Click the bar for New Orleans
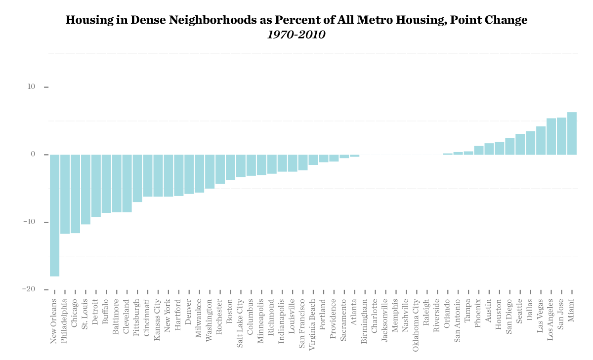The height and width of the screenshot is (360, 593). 54,215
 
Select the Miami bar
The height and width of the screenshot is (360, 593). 572,133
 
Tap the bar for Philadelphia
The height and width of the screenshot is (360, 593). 65,194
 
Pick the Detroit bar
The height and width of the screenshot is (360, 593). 96,186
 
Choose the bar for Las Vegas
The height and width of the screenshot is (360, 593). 541,141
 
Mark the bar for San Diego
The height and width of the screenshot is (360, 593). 509,146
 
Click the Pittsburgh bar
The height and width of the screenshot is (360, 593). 137,178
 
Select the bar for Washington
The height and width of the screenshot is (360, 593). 210,171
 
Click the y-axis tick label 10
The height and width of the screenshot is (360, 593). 32,87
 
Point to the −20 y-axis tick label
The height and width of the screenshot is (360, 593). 29,289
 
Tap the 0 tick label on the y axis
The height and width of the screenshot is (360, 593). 33,155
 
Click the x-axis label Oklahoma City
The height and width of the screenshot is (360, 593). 416,318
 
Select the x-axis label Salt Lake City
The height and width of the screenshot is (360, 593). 241,317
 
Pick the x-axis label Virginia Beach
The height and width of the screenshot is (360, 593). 313,318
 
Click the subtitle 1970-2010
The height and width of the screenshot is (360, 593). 296,35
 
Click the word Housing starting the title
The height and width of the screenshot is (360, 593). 85,21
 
